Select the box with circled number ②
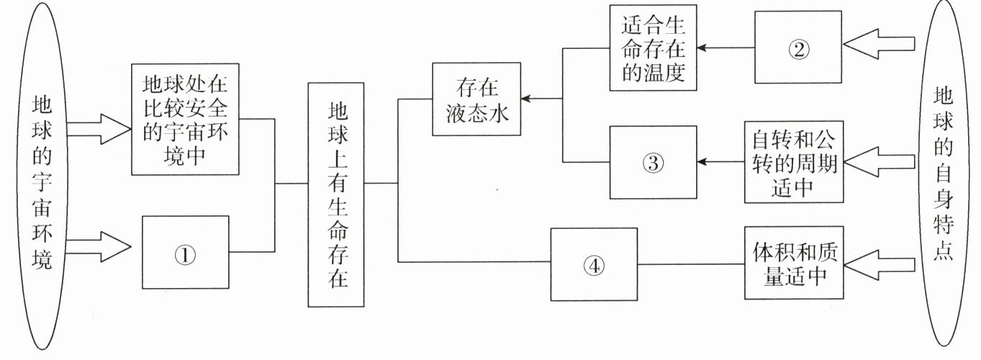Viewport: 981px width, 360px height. pos(797,48)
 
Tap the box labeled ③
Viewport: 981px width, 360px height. pos(653,162)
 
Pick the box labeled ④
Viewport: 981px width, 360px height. pos(594,264)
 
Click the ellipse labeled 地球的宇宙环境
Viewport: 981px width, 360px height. pos(42,180)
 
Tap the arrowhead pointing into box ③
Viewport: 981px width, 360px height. pos(702,162)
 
